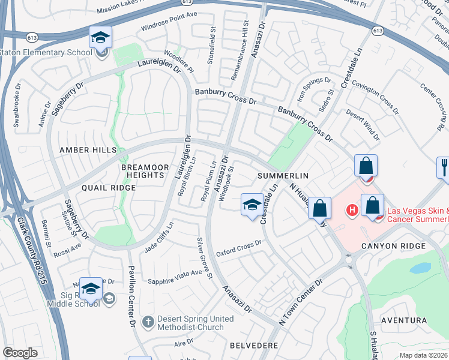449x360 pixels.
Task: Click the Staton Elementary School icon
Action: click(100, 38)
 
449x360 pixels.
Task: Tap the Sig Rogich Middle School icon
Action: click(91, 290)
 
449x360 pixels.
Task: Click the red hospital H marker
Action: click(352, 210)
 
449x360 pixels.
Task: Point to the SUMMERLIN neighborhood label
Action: click(283, 176)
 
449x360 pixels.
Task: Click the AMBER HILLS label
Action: click(83, 150)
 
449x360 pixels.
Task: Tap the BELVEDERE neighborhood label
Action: click(254, 346)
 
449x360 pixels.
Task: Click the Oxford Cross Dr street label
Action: click(240, 248)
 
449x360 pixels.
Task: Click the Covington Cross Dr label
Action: click(375, 96)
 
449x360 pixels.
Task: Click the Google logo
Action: click(20, 353)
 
